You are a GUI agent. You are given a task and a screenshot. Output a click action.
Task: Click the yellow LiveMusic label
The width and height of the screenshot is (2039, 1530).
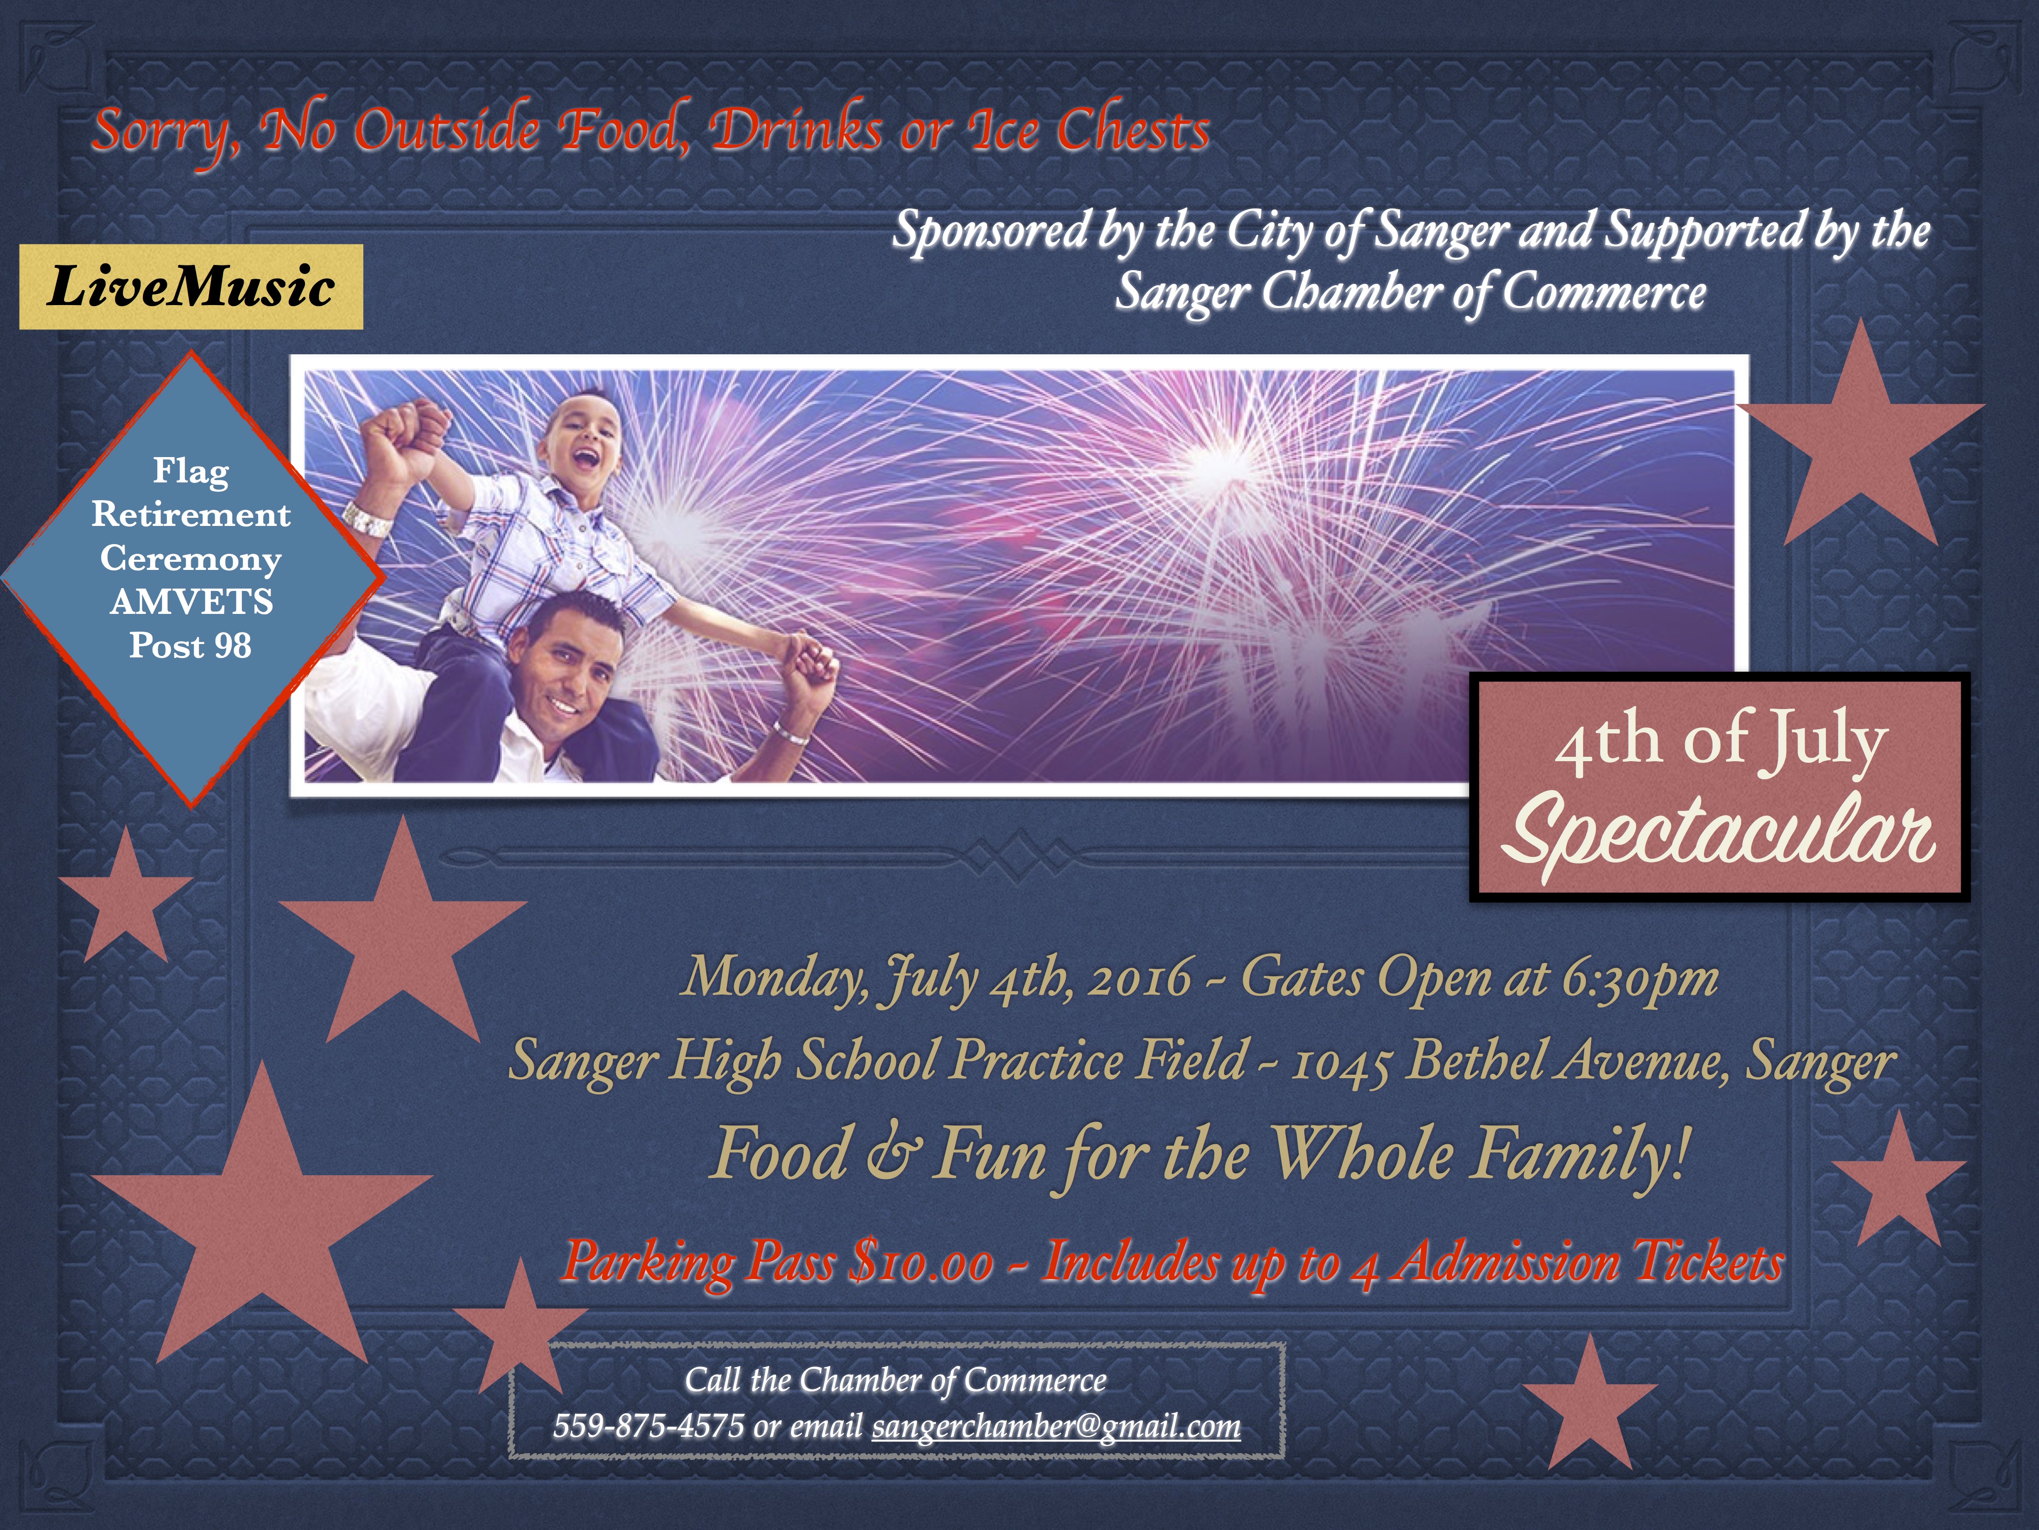[191, 287]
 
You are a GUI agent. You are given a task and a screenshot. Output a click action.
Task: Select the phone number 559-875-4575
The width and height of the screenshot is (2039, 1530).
[648, 1426]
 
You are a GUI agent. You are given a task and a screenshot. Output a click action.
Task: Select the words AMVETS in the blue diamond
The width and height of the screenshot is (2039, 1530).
[192, 601]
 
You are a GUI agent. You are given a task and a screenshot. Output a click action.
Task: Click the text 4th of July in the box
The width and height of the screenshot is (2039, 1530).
[1720, 741]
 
